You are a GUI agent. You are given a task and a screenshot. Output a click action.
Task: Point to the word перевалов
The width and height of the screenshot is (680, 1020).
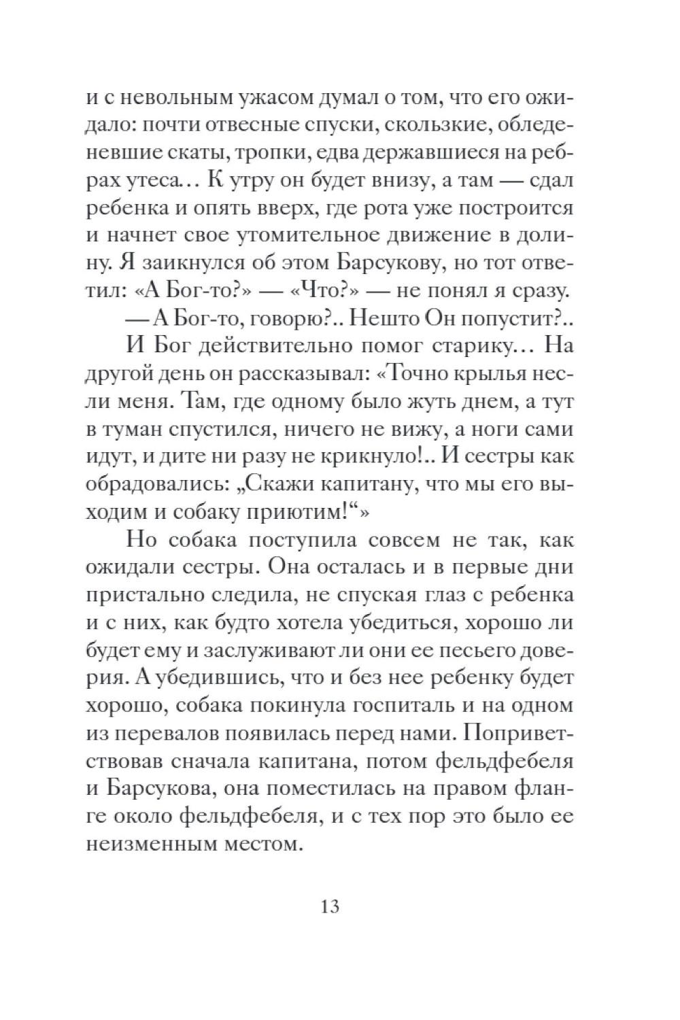(172, 734)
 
